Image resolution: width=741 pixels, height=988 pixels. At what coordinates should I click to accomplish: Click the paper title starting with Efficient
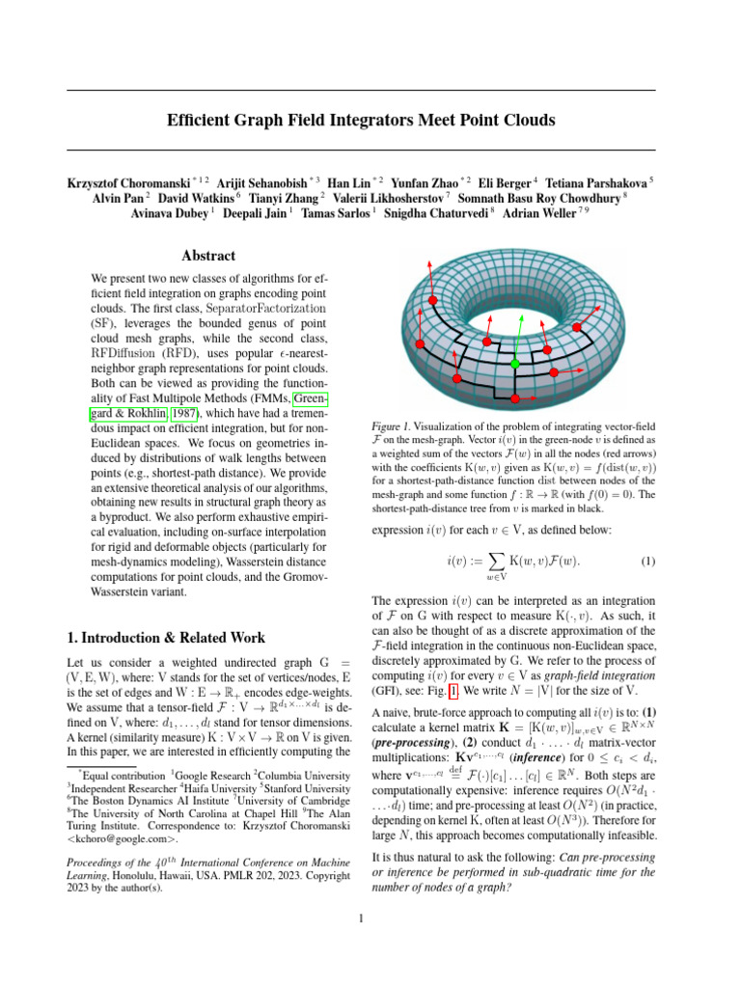click(361, 121)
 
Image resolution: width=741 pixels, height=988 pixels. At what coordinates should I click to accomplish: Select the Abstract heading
click(208, 256)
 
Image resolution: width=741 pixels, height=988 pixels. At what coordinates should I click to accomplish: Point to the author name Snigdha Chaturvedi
click(443, 213)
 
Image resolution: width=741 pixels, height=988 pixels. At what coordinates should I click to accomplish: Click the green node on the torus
click(515, 364)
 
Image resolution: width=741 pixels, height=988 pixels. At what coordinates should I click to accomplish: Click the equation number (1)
click(650, 560)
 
